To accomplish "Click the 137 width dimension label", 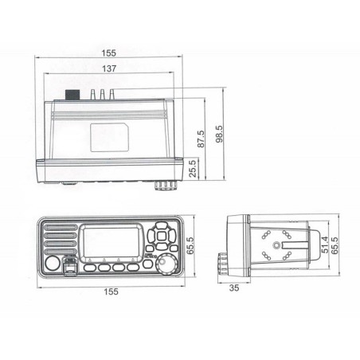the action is tap(109, 68).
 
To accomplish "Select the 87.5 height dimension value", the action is tap(201, 139).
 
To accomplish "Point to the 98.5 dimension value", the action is tap(220, 134).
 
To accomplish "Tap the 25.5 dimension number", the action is tap(194, 168).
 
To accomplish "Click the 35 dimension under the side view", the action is tap(234, 288).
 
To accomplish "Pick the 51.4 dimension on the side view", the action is tap(325, 245).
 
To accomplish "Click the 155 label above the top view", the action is tap(109, 53).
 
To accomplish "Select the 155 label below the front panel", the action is tap(111, 292).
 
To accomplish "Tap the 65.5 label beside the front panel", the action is tap(190, 245).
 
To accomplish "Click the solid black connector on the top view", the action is tap(72, 95).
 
